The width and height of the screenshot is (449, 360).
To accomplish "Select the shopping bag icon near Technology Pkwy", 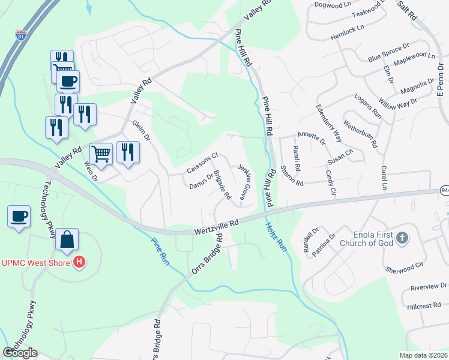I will [x=67, y=239].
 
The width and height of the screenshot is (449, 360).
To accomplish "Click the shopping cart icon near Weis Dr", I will [x=101, y=154].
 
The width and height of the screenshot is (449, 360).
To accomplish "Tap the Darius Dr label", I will [x=200, y=181].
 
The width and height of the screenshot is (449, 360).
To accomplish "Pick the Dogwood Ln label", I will [x=331, y=4].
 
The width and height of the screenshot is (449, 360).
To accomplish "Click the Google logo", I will [x=20, y=353].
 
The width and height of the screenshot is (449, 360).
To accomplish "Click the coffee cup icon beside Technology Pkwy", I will [x=19, y=216].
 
